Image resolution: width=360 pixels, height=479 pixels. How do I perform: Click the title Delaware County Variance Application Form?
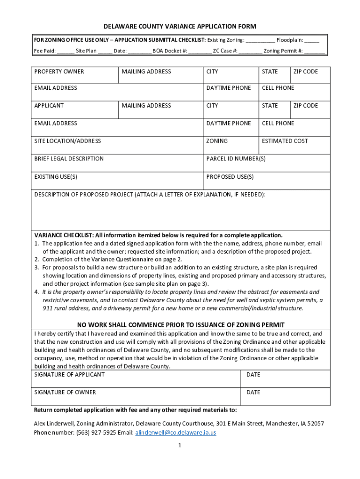tap(180, 27)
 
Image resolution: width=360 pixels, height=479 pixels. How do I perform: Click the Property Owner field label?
tap(59, 72)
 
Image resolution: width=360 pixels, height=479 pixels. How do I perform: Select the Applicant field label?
tap(49, 106)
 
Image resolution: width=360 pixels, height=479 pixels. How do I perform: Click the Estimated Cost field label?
tap(285, 141)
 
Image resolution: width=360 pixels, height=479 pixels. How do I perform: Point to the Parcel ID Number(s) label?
tap(236, 159)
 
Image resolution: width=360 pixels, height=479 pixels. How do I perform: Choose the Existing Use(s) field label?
tap(56, 176)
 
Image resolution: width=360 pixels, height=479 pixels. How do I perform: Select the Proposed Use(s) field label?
tap(230, 176)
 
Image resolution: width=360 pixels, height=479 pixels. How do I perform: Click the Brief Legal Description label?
tap(69, 159)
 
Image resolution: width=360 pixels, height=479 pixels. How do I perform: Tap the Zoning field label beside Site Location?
tap(217, 141)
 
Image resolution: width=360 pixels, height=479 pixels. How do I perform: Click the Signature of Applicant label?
tap(69, 375)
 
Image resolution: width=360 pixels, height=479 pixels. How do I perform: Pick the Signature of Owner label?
tap(65, 392)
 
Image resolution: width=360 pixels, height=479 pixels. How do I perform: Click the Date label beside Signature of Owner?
tap(253, 392)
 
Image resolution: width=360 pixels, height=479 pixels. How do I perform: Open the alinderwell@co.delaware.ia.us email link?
tap(175, 433)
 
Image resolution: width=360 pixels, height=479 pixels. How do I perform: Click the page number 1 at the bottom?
tap(180, 446)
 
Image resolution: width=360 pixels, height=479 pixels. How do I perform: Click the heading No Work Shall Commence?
tap(180, 325)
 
